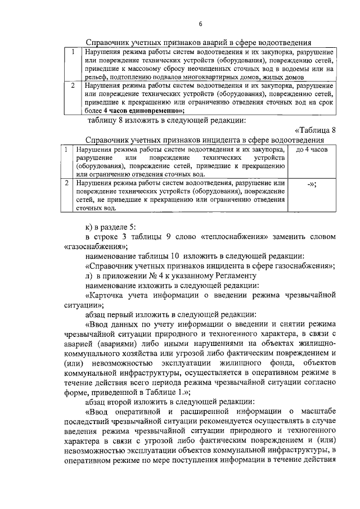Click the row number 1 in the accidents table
click(x=74, y=52)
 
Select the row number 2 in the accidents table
click(x=74, y=86)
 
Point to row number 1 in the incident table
click(x=66, y=150)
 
